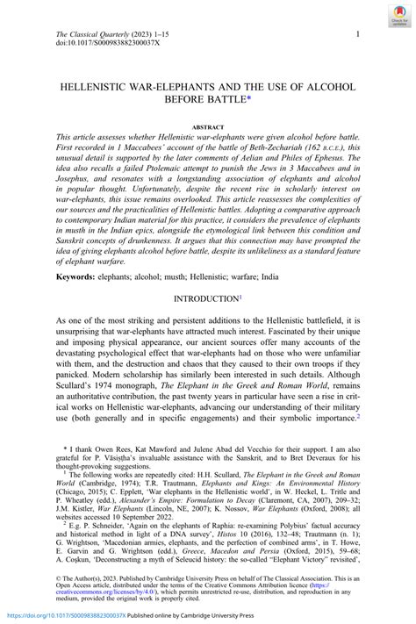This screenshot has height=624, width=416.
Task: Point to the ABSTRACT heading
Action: [x=208, y=126]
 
